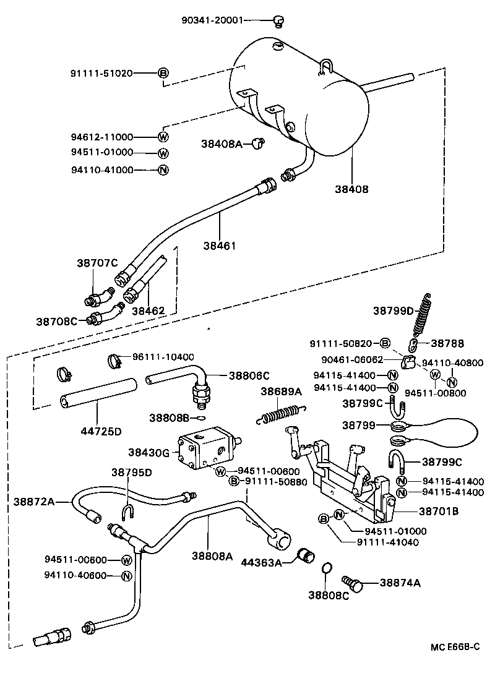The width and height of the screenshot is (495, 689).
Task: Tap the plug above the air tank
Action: coord(279,22)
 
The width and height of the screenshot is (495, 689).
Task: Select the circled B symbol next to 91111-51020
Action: coord(163,73)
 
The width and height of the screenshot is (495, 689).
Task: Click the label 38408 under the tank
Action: coord(351,189)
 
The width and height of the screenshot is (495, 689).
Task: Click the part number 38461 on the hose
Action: coord(220,246)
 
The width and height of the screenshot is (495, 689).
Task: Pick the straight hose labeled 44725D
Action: coord(98,393)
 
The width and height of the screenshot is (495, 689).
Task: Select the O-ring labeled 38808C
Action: coord(328,568)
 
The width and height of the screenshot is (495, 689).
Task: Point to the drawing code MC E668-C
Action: coord(455,647)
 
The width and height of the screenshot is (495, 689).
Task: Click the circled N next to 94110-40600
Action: coord(126,576)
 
